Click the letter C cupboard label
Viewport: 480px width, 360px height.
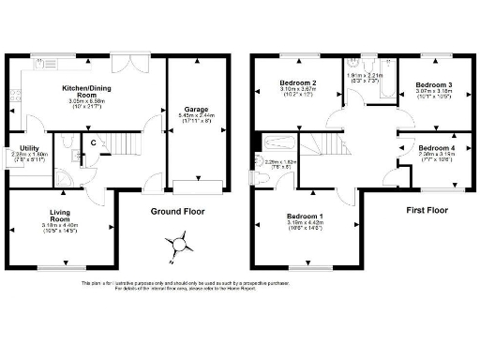pos(93,142)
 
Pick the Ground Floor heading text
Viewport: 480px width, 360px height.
pos(177,212)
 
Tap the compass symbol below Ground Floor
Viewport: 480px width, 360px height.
pos(176,245)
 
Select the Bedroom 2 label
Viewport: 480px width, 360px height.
pos(298,84)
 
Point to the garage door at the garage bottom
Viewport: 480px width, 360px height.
pos(196,180)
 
